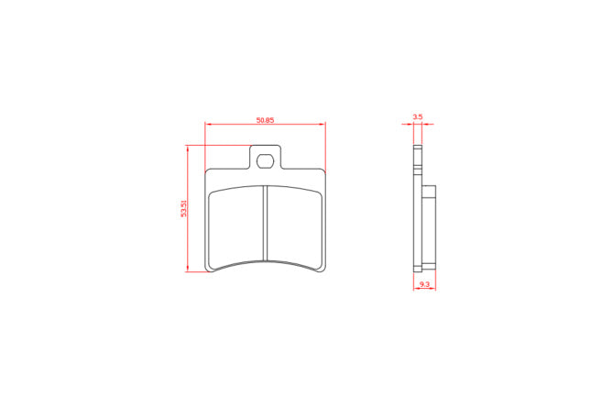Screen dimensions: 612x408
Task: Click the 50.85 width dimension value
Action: point(265,120)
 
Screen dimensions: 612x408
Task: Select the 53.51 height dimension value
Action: point(183,208)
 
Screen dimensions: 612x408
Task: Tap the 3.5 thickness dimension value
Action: point(418,116)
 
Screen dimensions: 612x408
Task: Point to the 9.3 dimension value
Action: point(424,284)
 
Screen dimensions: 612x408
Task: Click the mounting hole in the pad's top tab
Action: point(265,160)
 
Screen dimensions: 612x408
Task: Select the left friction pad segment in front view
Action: point(235,227)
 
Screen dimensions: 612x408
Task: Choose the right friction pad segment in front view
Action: point(295,227)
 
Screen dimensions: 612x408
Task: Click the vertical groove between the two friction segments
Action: point(265,223)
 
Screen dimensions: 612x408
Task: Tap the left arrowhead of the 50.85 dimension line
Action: point(208,124)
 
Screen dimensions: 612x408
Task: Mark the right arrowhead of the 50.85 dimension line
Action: point(322,124)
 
